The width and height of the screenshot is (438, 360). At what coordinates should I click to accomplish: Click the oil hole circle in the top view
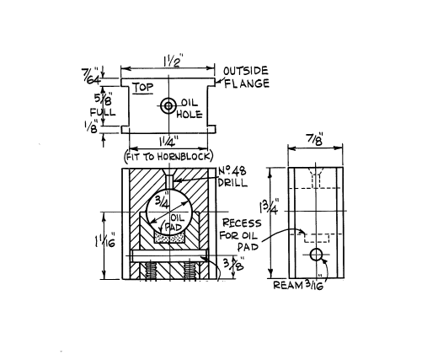point(168,105)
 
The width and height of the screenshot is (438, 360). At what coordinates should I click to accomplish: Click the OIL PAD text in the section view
point(171,222)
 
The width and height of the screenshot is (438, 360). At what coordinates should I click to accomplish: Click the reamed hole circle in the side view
point(317,255)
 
